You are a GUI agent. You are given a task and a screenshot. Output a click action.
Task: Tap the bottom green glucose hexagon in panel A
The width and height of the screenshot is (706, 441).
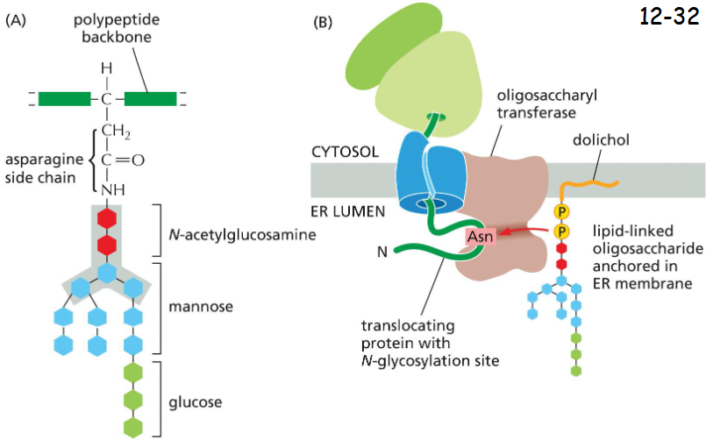tap(134, 427)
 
